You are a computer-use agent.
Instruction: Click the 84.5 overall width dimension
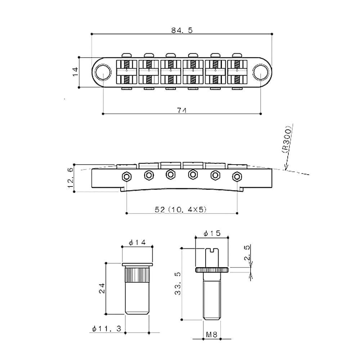182,30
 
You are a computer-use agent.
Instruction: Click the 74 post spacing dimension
182,110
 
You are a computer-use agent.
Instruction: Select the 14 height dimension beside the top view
75,72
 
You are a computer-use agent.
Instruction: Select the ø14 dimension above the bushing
137,243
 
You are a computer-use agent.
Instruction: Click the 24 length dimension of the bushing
102,288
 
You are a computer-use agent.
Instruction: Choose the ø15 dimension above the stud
211,234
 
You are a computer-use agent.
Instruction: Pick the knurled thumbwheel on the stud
212,270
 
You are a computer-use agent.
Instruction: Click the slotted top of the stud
211,248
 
